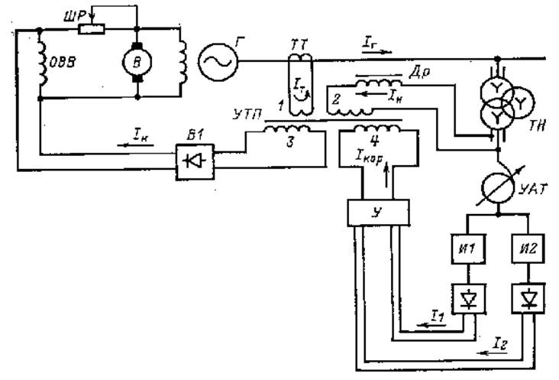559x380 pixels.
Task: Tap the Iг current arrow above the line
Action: (x=376, y=48)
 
